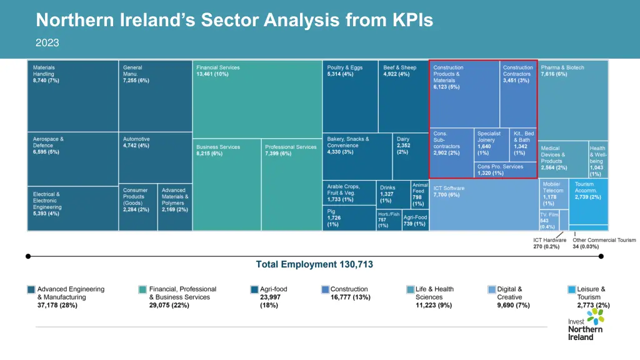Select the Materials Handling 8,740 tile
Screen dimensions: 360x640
coord(73,96)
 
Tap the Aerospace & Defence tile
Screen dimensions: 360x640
coord(73,159)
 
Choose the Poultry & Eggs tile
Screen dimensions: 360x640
coord(350,96)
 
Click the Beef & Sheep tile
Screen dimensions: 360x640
coord(403,96)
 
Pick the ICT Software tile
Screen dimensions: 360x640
coord(484,204)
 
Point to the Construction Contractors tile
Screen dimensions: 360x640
coord(518,94)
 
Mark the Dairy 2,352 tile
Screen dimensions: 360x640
coord(410,156)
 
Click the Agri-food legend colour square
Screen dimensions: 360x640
coord(254,289)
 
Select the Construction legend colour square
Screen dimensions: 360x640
coord(325,289)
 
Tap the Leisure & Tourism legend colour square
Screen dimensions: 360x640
coord(572,289)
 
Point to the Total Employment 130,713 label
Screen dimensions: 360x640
coord(314,264)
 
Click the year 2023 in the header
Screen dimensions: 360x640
coord(47,42)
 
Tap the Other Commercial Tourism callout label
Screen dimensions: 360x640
coord(604,243)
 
